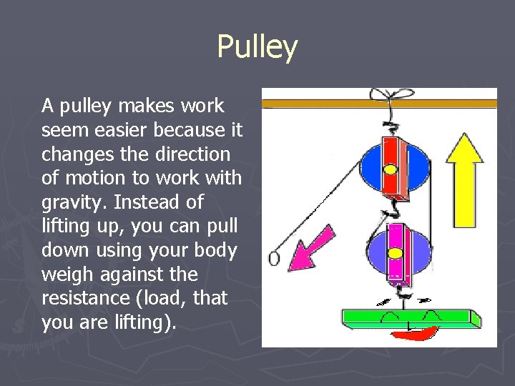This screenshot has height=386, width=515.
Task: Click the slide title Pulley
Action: pos(257,47)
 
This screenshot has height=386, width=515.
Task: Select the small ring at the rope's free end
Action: pos(273,257)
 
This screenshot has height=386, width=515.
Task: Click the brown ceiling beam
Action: pos(379,104)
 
